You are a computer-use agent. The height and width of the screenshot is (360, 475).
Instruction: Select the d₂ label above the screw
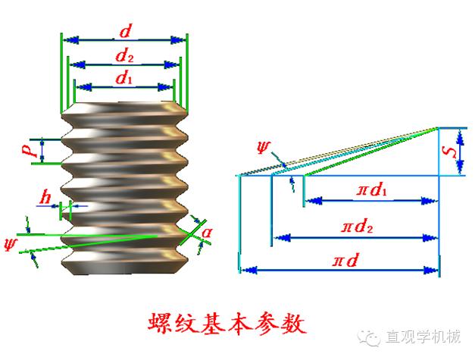pyautogui.click(x=124, y=55)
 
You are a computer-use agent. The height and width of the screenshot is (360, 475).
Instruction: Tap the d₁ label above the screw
pyautogui.click(x=124, y=77)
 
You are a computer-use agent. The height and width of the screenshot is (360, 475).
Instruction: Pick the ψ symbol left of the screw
pyautogui.click(x=10, y=244)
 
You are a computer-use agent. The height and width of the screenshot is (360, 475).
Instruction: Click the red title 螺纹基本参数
pyautogui.click(x=227, y=324)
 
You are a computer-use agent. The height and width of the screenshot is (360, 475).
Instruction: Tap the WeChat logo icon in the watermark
pyautogui.click(x=372, y=334)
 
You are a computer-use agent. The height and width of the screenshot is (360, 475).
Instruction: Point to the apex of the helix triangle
pyautogui.click(x=438, y=127)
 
